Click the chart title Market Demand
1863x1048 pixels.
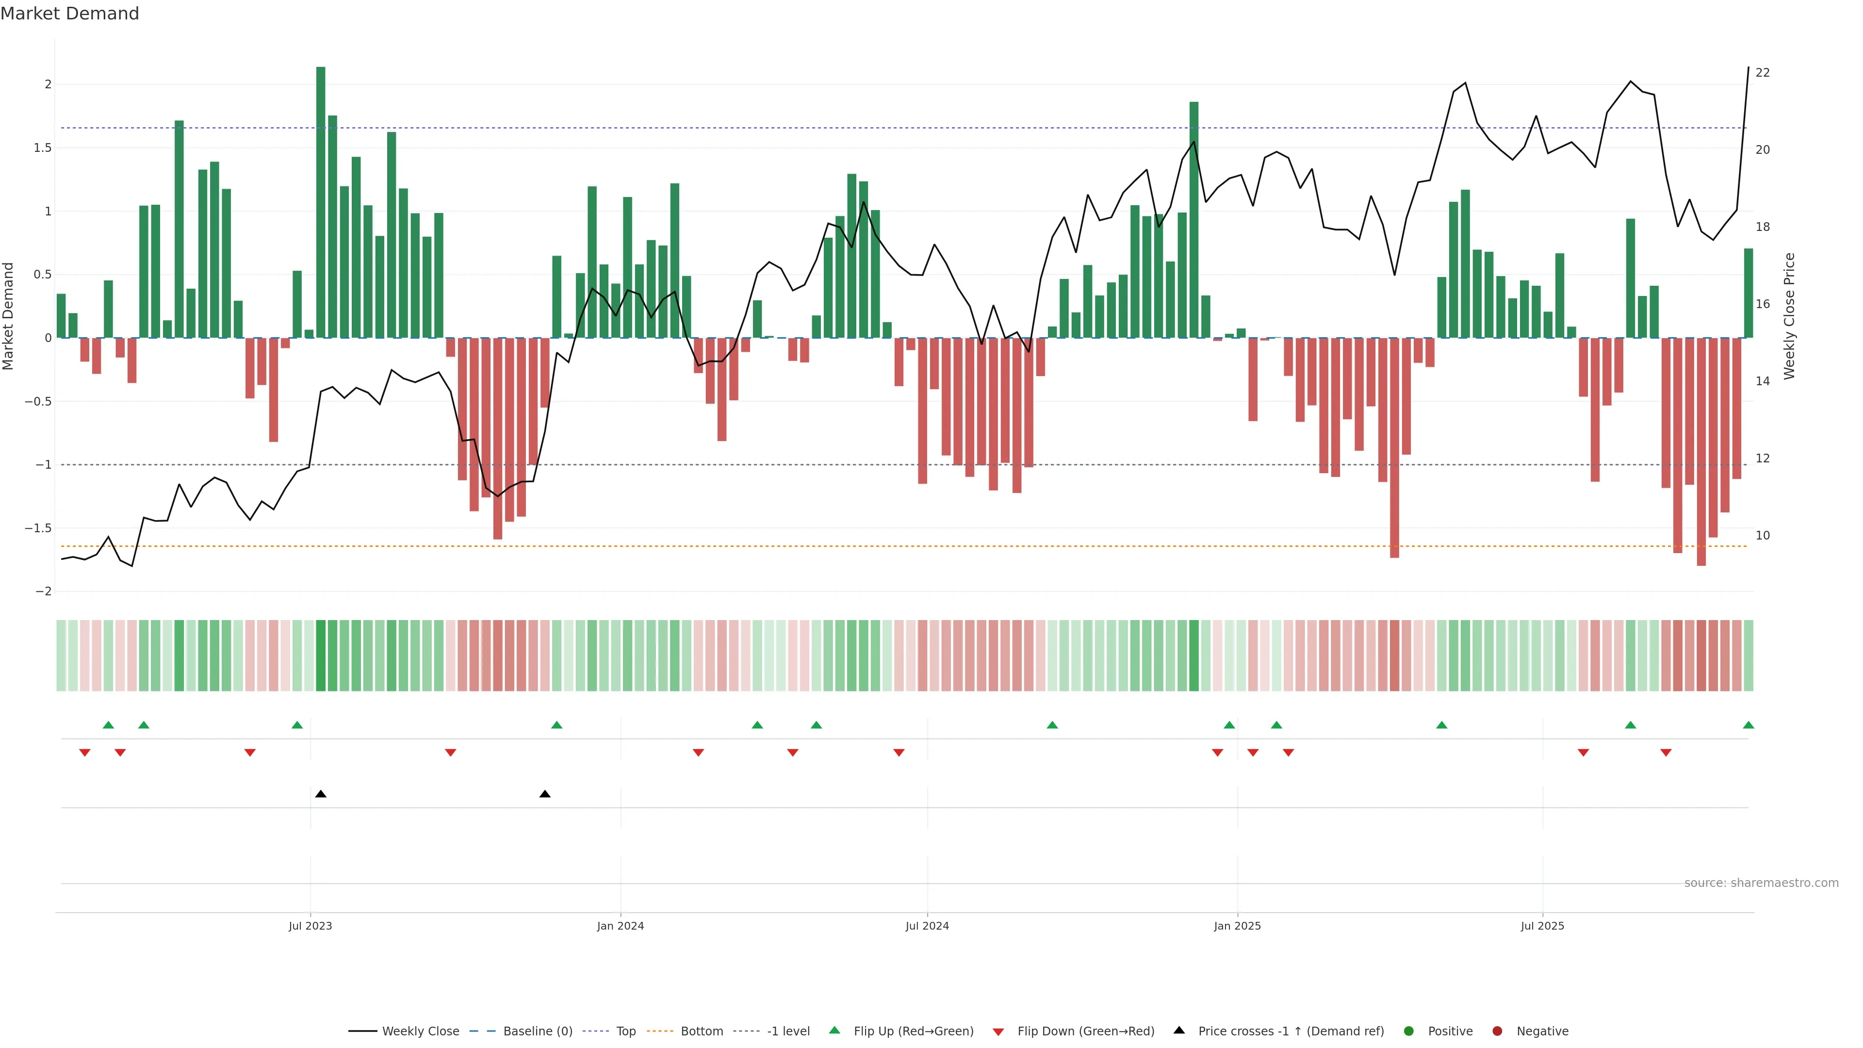coord(69,14)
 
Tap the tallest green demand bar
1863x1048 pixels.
coord(320,202)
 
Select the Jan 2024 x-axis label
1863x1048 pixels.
coord(620,926)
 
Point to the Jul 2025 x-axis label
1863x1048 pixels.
coord(1542,926)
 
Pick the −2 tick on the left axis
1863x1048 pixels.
coord(44,591)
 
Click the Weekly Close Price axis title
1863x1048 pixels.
coord(1789,316)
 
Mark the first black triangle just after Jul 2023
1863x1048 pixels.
coord(320,794)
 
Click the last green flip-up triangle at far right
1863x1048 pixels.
coord(1748,725)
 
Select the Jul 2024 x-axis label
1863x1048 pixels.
coord(927,926)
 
